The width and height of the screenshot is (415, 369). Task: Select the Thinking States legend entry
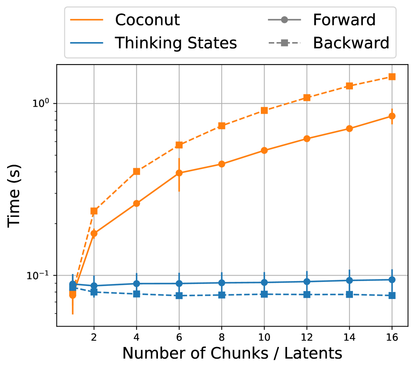pos(176,42)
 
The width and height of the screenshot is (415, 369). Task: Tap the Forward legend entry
pos(344,20)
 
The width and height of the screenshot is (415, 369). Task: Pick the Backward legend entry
pos(351,42)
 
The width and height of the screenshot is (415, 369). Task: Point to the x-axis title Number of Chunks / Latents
pos(232,353)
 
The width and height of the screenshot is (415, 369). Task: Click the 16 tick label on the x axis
pos(392,336)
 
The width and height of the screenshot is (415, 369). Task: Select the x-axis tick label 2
pos(94,336)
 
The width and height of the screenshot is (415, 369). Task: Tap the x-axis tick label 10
pos(264,336)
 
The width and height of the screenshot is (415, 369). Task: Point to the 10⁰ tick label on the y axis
pos(40,103)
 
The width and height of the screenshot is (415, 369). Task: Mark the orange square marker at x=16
pos(392,77)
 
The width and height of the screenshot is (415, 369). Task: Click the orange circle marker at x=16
pos(392,116)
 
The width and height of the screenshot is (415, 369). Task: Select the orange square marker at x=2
pos(94,211)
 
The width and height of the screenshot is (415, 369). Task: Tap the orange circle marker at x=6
pos(179,173)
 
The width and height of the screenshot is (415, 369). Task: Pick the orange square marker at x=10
pos(264,110)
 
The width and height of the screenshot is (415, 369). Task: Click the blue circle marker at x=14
pos(349,280)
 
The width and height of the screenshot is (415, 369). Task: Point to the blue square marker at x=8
pos(221,295)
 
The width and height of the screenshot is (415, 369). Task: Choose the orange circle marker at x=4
pos(136,203)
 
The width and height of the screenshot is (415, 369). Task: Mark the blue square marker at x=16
pos(392,295)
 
